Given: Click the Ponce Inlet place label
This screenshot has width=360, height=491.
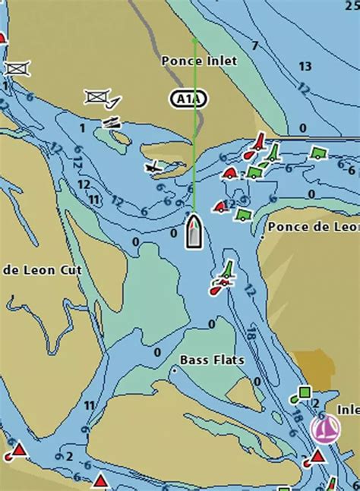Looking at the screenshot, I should (199, 60).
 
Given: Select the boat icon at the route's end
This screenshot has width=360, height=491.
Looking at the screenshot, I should (194, 231).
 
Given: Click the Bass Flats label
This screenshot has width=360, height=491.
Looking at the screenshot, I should (212, 360).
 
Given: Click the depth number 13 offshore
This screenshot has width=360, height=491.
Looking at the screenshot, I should (305, 67).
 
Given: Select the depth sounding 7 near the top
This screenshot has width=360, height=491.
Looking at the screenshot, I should (254, 46).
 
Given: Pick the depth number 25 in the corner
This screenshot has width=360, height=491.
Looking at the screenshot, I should (351, 7).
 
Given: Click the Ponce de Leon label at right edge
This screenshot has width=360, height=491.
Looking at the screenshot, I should (313, 227).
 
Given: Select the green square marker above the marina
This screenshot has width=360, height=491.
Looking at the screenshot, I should (304, 392).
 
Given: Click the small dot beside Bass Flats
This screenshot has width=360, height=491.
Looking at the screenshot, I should (174, 370).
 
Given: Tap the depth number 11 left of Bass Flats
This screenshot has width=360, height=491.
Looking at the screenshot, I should (89, 404).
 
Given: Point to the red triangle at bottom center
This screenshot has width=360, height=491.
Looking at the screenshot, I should (100, 480).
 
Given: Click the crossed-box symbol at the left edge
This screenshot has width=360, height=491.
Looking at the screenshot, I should (15, 68).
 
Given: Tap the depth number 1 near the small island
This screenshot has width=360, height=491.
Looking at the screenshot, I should (82, 128).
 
